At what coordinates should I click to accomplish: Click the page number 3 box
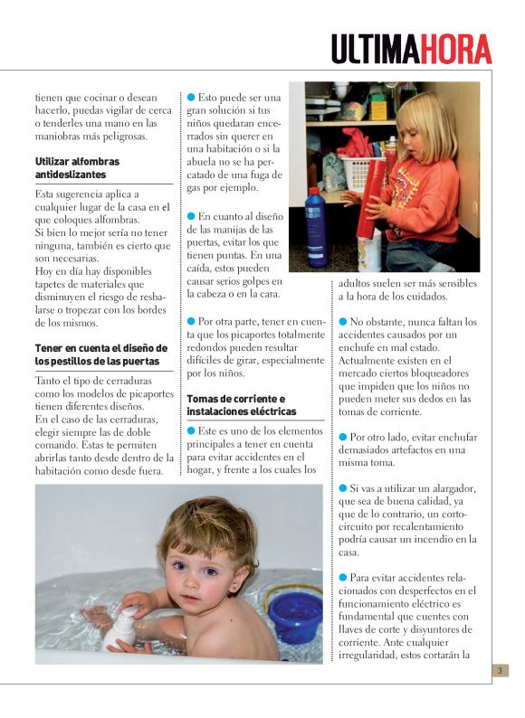coord(501,670)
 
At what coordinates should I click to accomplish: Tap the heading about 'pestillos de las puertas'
coord(100,354)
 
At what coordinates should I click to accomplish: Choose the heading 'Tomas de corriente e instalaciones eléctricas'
coord(235,405)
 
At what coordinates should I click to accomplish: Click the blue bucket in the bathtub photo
coord(294,615)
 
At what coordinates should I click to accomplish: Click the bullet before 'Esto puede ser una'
coord(191,97)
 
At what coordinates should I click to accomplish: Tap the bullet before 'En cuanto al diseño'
coord(191,216)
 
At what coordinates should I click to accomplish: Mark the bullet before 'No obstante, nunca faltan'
coord(343,321)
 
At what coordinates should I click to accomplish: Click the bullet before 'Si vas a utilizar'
coord(343,488)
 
